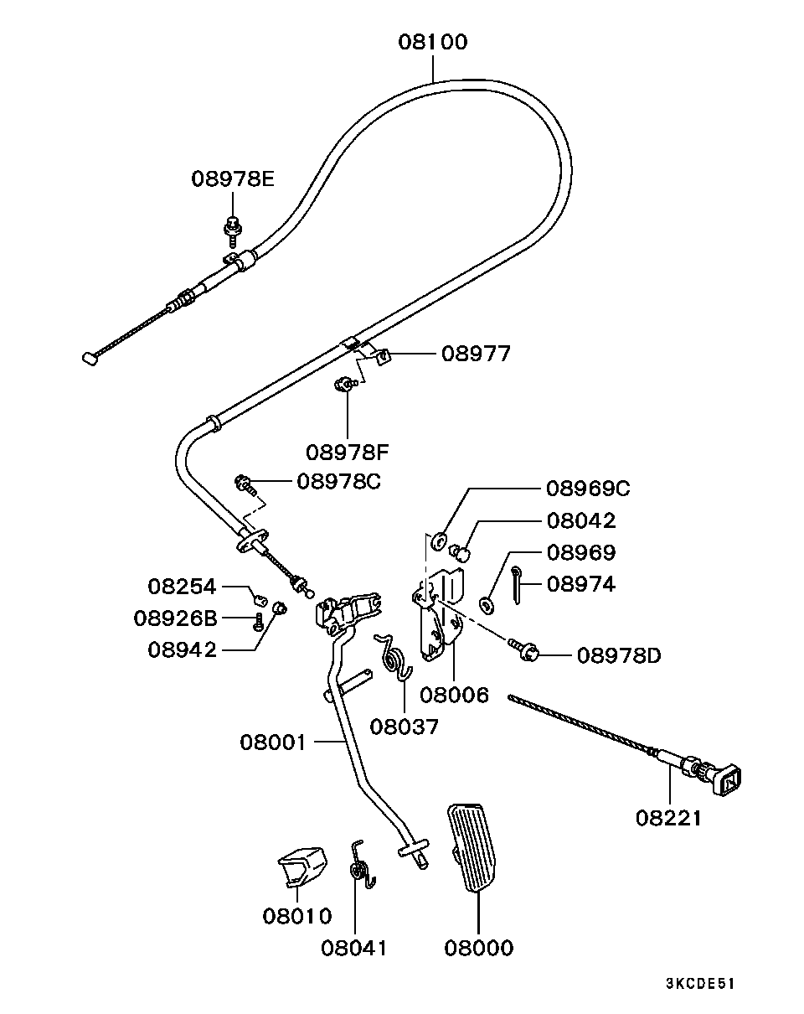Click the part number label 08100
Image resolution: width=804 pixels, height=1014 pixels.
tap(433, 42)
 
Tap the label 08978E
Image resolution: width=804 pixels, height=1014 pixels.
tap(233, 179)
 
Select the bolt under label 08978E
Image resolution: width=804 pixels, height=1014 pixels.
tap(233, 231)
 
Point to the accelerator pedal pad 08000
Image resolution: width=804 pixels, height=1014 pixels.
tap(472, 848)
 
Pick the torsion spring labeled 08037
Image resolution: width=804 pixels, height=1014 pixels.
tap(394, 658)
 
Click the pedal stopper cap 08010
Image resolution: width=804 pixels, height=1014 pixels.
tap(301, 867)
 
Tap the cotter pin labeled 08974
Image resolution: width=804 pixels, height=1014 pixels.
tap(516, 585)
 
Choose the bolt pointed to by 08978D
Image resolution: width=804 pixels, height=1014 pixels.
tap(523, 649)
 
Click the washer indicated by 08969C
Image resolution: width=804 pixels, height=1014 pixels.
tap(440, 541)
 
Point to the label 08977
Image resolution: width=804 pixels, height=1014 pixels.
tap(476, 354)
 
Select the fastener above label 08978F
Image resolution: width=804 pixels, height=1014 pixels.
tap(346, 385)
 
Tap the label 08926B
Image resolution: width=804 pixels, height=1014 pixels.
tap(176, 618)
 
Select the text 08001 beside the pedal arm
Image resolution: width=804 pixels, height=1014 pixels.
tap(274, 743)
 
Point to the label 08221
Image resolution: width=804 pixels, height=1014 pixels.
tap(668, 819)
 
